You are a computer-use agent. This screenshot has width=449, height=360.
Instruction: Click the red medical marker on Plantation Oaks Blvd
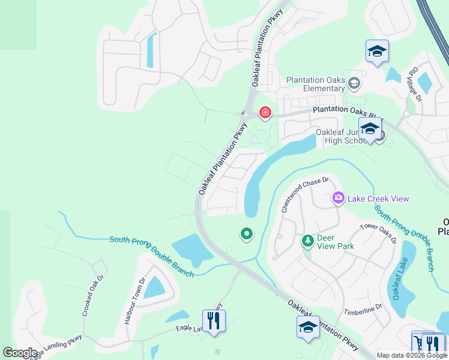coord(265,112)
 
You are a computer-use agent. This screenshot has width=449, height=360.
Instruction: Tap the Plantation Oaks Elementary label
coord(315,84)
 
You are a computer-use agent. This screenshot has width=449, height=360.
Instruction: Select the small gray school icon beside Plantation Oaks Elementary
coord(354,83)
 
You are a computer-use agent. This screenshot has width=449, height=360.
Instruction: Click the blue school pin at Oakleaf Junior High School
coord(370,128)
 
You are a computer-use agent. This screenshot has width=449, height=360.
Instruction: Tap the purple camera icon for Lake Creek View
coord(339,197)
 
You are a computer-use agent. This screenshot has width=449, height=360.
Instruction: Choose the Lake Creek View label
coord(378,199)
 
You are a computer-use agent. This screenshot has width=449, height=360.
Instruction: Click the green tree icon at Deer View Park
coord(308,241)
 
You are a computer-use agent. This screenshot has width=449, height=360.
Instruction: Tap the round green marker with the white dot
coord(246,233)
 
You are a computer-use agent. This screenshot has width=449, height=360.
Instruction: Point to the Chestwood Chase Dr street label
coord(306,194)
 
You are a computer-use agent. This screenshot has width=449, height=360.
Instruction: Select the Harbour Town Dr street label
coord(134,301)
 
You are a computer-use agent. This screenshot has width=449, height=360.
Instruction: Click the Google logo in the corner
coord(20,353)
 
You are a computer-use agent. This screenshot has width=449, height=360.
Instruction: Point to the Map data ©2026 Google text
coord(412,355)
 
